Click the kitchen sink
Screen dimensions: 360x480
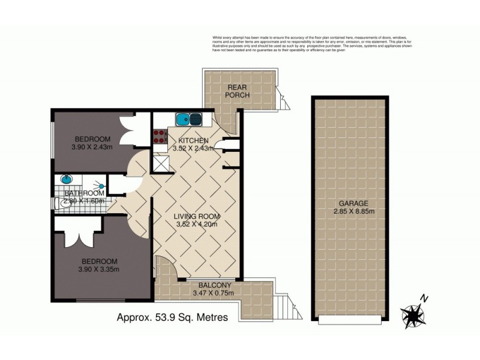point(190,119)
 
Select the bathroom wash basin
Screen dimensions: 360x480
point(66,179)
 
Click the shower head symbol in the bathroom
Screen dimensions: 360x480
point(101,187)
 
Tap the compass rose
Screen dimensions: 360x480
point(413,314)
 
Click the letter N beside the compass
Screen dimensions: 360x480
point(424,298)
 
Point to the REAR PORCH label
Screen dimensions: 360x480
point(238,91)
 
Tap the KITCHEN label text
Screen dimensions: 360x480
point(190,140)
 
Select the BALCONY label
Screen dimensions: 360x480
point(212,285)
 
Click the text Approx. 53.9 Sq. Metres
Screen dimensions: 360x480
point(172,318)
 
